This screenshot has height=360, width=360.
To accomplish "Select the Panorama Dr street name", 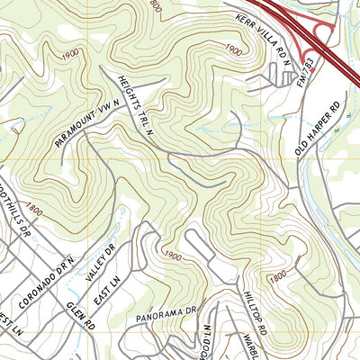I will pyautogui.click(x=166, y=314).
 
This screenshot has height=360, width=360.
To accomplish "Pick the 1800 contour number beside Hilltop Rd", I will pyautogui.click(x=278, y=275).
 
